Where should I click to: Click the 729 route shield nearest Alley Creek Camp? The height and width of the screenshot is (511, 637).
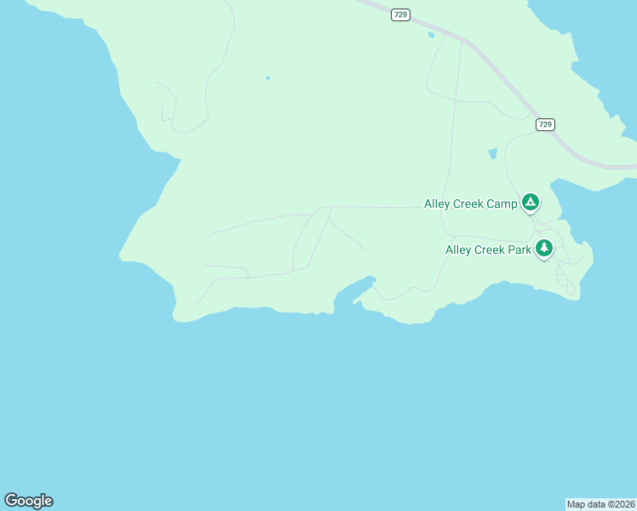tap(545, 124)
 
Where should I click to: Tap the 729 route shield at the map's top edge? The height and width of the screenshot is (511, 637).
tap(399, 14)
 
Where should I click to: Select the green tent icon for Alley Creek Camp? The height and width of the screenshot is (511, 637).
tap(530, 203)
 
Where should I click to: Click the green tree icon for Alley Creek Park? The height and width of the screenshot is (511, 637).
tap(544, 248)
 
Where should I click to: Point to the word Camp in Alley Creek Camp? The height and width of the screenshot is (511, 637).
tap(501, 204)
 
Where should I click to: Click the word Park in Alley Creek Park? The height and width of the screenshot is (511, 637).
tap(519, 250)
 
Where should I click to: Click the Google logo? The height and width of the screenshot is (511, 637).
tap(28, 501)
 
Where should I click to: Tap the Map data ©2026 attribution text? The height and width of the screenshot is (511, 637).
tap(600, 504)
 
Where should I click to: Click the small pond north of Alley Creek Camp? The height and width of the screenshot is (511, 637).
tap(492, 154)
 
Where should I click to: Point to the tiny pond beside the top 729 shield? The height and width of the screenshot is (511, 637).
tap(431, 35)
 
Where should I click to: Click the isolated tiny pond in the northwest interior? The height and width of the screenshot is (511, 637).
tap(267, 78)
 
